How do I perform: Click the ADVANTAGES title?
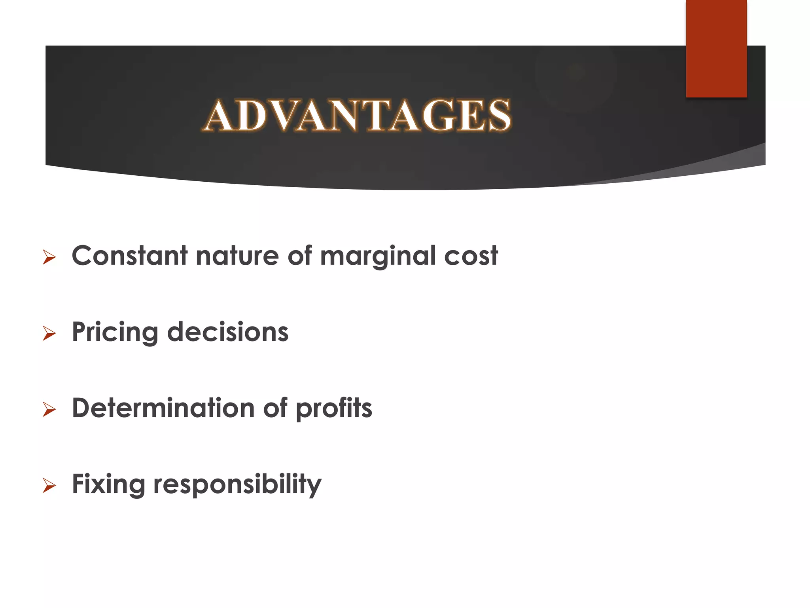coord(358,115)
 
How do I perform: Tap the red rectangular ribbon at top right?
coord(716,48)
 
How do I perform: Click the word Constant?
coord(129,256)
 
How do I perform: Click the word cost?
coord(471,256)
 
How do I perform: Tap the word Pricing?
coord(115,332)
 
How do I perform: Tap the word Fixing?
coord(108,484)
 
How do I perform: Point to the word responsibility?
coord(237,485)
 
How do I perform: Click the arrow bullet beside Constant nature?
coord(49,258)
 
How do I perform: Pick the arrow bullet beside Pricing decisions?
coord(49,334)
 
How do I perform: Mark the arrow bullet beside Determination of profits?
coord(49,410)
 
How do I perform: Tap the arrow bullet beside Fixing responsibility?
coord(49,486)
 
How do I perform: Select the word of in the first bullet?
coord(299,256)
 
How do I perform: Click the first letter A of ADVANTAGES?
coord(219,116)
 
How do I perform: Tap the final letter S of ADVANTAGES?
coord(499,116)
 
